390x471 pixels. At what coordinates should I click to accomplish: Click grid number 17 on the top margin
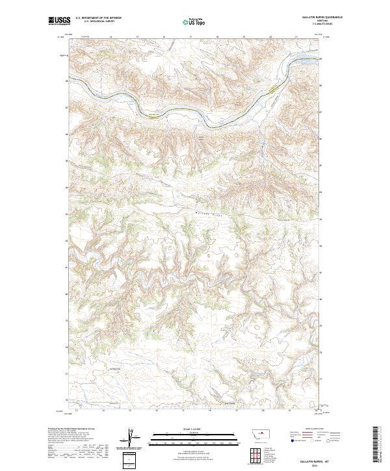pyautogui.click(x=190, y=37)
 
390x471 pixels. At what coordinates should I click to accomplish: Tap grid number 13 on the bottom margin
pyautogui.click(x=77, y=411)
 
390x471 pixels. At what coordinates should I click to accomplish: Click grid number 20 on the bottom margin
pyautogui.click(x=263, y=411)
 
